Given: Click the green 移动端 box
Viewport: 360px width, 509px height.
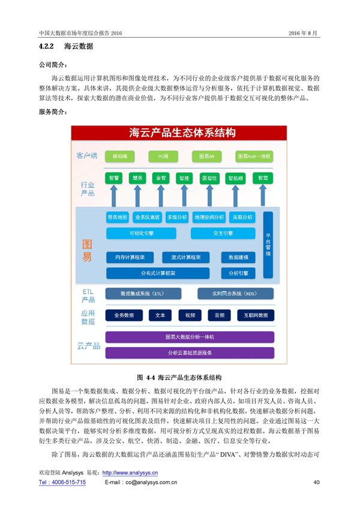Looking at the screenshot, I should tap(119, 156).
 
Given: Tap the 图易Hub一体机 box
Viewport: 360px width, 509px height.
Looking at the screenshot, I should tap(254, 156).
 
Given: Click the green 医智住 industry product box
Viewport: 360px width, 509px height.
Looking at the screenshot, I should tap(210, 178).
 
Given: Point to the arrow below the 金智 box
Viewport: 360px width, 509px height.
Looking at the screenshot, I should tap(160, 196).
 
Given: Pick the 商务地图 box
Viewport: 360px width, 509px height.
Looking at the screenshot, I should tap(117, 217).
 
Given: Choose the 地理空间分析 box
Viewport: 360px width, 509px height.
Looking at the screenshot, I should tap(209, 217).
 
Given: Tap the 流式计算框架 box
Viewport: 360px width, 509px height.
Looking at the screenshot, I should tap(185, 257).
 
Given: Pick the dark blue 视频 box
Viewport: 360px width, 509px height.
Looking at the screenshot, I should tap(190, 315).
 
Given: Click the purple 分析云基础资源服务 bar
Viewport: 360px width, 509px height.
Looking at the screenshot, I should tap(190, 352).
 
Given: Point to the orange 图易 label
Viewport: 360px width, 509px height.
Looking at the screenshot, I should tap(88, 251).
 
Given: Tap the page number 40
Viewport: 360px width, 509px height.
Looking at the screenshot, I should tap(317, 482).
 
